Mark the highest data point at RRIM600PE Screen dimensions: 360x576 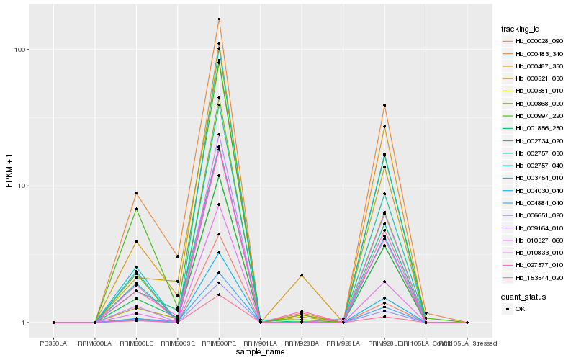coord(219,19)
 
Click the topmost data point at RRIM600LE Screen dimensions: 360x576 coord(136,194)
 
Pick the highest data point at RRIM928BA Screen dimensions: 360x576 coord(302,276)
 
